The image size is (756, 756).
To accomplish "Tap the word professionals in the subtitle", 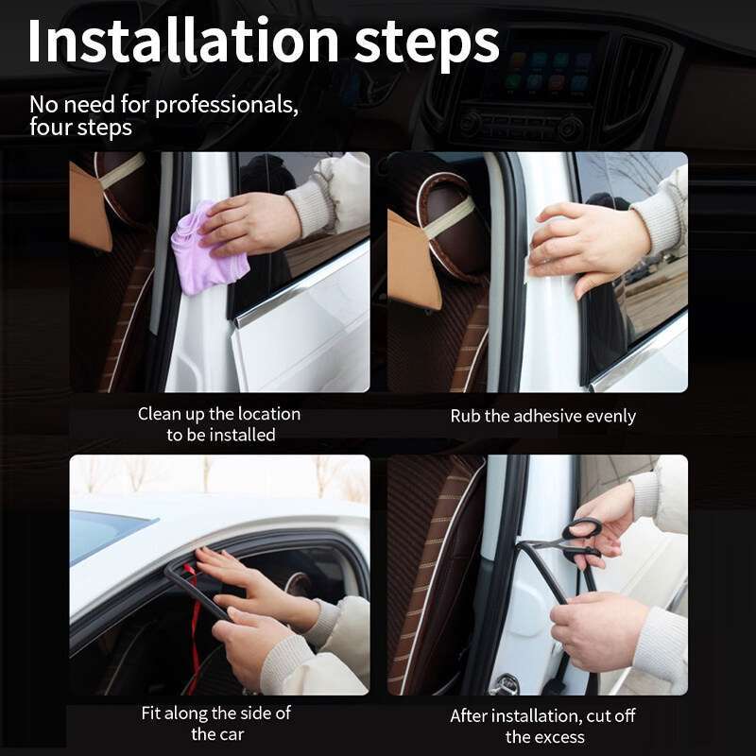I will point(226,105).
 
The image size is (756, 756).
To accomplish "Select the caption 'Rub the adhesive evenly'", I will point(542,416).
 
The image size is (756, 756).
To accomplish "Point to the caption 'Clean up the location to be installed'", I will point(219,424).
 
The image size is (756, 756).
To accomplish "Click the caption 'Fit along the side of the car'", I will point(216,723).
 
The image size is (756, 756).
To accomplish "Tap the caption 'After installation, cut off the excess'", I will point(542,726).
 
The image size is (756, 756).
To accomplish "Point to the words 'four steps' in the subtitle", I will point(80,128).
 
